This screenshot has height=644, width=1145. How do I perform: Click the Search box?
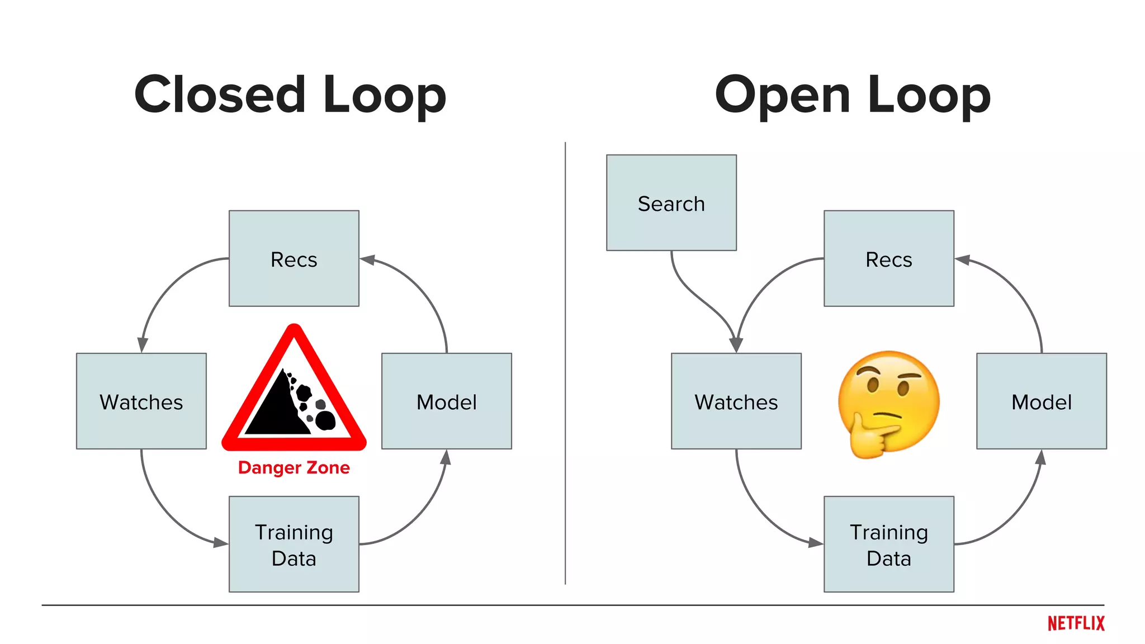[671, 202]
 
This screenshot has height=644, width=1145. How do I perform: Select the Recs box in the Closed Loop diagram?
[294, 258]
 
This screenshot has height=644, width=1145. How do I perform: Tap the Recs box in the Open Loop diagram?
[888, 258]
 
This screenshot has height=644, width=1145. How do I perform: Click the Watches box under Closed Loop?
[141, 401]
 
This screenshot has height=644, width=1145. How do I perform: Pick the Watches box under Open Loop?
[736, 401]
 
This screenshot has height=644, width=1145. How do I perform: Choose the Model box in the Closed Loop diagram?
[446, 401]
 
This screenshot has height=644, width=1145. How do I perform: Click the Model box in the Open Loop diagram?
[1041, 401]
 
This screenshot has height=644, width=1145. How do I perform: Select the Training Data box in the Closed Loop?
[294, 544]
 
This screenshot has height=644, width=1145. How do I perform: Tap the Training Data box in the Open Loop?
[888, 544]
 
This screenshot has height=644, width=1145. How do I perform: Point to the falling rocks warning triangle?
[294, 397]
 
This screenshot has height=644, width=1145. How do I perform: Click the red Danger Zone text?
[294, 467]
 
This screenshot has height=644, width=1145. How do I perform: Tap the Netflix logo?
[1076, 623]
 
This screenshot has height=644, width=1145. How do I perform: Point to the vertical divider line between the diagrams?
[565, 363]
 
